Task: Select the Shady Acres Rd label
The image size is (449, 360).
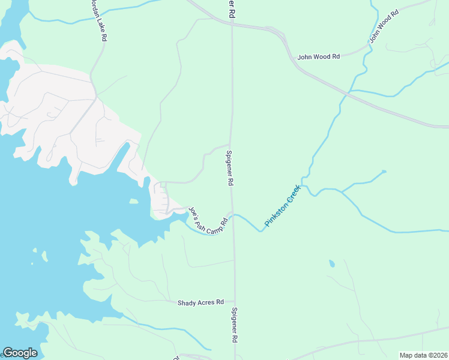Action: coord(200,302)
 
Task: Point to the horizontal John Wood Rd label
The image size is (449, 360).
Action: coord(319,56)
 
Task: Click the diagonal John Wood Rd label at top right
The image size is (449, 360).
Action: coord(384,26)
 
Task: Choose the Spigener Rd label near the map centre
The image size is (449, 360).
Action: coord(229,168)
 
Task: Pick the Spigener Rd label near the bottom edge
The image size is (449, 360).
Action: coord(234,325)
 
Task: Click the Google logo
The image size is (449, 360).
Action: coord(20,353)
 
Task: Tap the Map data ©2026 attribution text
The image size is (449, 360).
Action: coord(423,355)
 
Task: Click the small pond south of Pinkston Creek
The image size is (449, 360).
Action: coord(331,263)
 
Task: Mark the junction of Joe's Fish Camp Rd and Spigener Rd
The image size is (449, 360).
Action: coord(232,214)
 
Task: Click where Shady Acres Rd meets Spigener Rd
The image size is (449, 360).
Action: coord(234,302)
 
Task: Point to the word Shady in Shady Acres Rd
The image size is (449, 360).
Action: coord(187,302)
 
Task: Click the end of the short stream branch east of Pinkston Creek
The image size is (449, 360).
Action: coord(384,172)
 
